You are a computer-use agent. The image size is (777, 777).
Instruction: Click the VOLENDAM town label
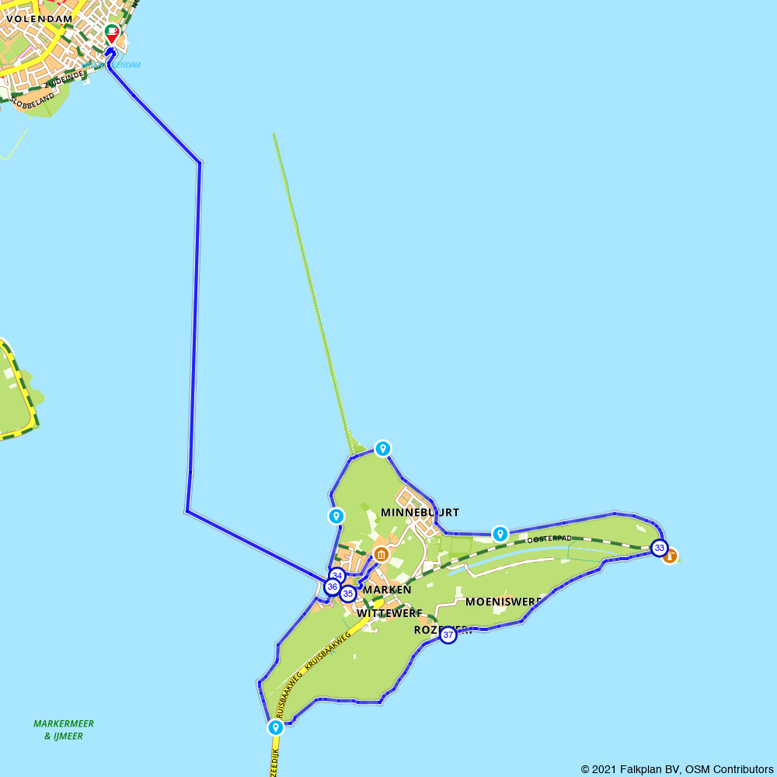pos(39,19)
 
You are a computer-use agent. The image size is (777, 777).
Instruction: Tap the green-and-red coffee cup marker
pos(111,33)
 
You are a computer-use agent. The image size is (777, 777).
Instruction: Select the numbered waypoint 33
pos(659,548)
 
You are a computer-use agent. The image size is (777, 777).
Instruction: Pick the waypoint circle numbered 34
pos(336,576)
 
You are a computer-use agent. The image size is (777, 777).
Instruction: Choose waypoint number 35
pos(347,594)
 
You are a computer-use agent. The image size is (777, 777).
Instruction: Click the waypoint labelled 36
pos(332,587)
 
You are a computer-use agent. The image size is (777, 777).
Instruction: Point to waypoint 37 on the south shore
pos(448,635)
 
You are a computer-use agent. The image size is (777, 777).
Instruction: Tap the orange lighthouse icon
pos(670,556)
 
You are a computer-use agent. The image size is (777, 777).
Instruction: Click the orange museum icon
pos(381,554)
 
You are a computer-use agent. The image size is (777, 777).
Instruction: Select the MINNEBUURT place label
pos(420,513)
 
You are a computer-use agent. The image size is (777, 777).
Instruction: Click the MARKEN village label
pos(387,590)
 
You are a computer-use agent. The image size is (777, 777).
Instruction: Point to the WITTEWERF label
pos(388,613)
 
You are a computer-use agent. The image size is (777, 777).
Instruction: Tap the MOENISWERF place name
pos(502,601)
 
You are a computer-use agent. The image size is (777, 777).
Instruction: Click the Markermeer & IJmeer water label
pos(64,730)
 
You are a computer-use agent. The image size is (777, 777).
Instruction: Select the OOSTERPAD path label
pos(549,538)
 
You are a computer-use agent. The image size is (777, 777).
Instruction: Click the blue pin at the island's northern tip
pos(382,448)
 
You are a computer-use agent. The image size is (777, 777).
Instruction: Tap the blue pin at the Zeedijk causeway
pos(276,727)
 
